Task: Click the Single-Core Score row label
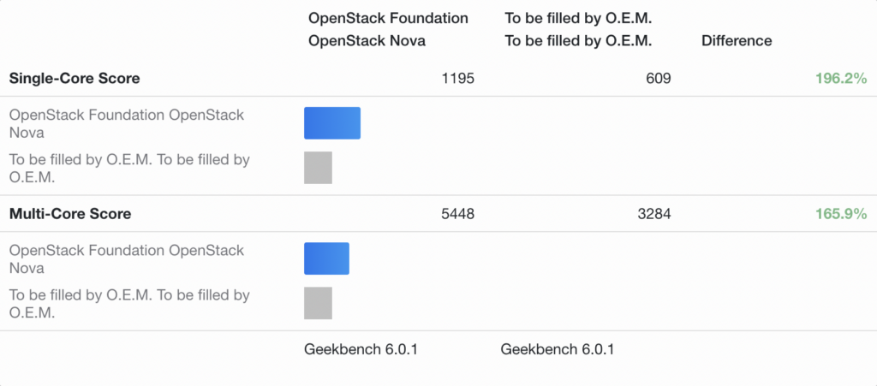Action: [x=75, y=79]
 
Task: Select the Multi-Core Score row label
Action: [x=70, y=214]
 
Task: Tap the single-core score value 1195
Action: [x=457, y=79]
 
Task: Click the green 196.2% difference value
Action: [x=841, y=79]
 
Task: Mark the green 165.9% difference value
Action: [x=841, y=214]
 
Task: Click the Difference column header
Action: [x=736, y=40]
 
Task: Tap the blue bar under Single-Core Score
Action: [x=332, y=123]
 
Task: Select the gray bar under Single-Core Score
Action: [x=318, y=168]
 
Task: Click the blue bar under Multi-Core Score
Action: [x=326, y=258]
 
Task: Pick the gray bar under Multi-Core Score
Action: [x=318, y=303]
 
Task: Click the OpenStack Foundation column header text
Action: [x=388, y=18]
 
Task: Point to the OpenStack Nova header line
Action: [x=366, y=40]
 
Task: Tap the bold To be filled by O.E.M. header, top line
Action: [x=578, y=18]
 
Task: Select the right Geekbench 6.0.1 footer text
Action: [x=557, y=349]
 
